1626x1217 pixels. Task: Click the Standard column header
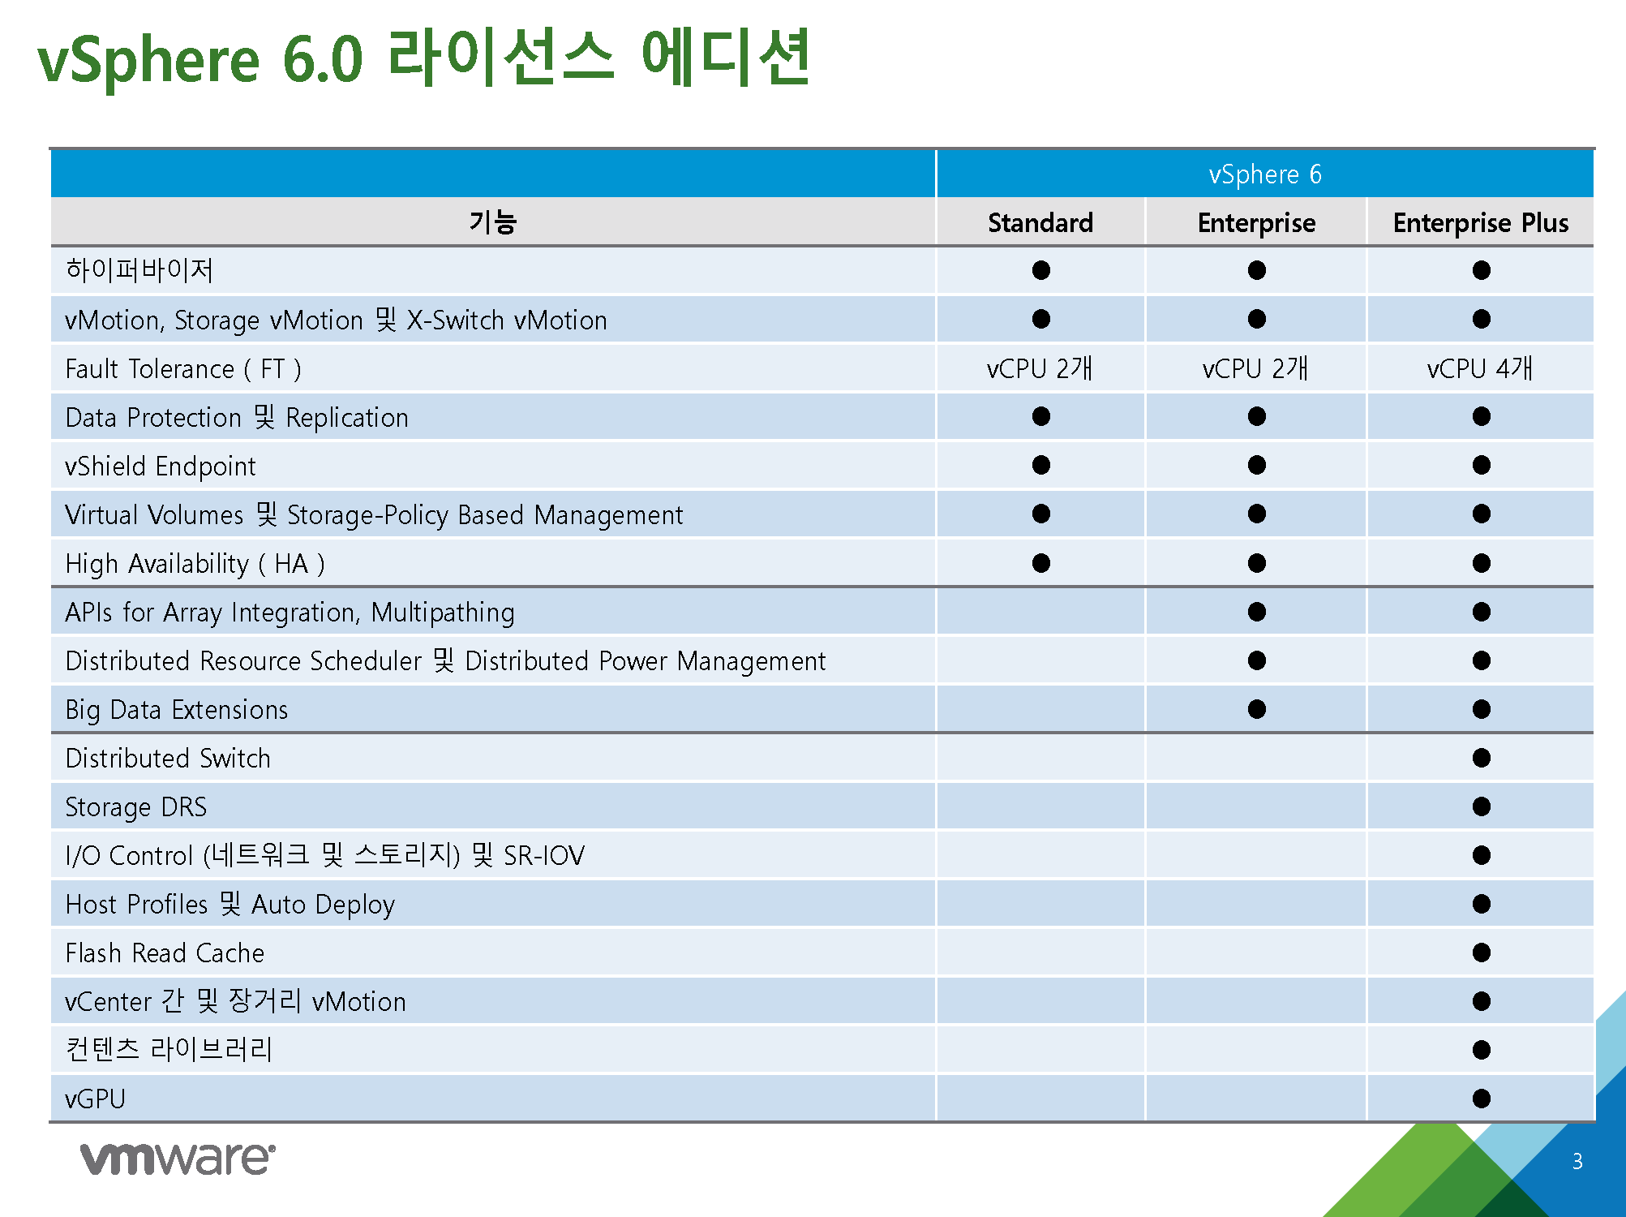point(1040,222)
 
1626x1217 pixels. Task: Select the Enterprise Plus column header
point(1481,223)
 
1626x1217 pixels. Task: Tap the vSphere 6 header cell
point(1265,174)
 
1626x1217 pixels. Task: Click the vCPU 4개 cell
point(1480,368)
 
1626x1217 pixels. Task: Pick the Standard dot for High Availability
point(1041,563)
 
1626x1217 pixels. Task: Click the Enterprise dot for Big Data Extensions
point(1257,709)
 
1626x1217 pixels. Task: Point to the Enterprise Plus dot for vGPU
point(1482,1099)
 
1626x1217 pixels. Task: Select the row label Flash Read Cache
point(165,953)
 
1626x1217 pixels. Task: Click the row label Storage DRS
point(135,807)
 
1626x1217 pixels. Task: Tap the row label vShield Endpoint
point(161,467)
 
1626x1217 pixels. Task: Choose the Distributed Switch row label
point(168,758)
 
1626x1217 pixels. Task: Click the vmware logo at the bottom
point(178,1159)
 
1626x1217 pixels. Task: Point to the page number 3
point(1577,1161)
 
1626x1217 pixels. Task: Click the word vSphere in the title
point(148,61)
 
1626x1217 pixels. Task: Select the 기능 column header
point(493,221)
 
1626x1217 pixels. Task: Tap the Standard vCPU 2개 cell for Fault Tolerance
point(1040,368)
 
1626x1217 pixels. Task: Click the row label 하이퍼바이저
point(139,270)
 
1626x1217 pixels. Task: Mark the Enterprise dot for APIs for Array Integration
point(1257,612)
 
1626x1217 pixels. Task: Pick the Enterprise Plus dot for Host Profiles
point(1482,904)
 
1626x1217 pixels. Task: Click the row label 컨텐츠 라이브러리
point(169,1049)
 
